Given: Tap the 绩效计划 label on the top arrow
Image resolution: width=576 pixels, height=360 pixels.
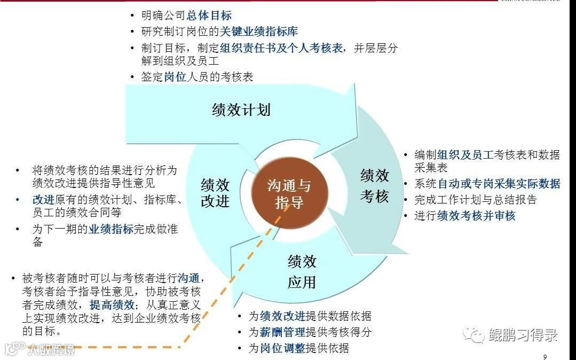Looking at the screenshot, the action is tap(241, 110).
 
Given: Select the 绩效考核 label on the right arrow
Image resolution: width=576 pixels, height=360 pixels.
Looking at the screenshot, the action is tap(374, 186).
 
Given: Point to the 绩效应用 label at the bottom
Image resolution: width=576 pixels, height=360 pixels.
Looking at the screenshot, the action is tap(302, 271).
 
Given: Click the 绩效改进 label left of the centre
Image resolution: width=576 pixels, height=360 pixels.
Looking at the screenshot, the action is tap(215, 193).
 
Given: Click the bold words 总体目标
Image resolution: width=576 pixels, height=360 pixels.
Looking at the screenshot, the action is tap(209, 16).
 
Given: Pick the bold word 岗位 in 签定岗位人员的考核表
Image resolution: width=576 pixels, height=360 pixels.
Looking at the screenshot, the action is tap(175, 77).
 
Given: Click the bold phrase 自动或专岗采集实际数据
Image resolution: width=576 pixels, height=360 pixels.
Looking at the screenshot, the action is tap(499, 184).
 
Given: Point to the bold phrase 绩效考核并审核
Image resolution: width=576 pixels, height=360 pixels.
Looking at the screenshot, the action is tap(476, 216).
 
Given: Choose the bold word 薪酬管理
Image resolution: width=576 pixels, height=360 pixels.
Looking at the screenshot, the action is tap(282, 332).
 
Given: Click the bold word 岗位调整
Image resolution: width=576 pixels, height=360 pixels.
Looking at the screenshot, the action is tap(282, 349).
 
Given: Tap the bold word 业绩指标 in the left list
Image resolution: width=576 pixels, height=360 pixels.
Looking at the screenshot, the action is tap(111, 230).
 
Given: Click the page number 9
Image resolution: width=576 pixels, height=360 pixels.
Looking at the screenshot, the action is tap(545, 357).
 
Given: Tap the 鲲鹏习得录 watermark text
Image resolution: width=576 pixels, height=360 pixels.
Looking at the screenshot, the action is tap(523, 335).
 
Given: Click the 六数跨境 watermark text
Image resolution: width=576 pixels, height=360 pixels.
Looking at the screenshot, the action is tap(51, 350).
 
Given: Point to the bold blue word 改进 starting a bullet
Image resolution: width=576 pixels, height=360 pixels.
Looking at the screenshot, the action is tap(43, 200).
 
